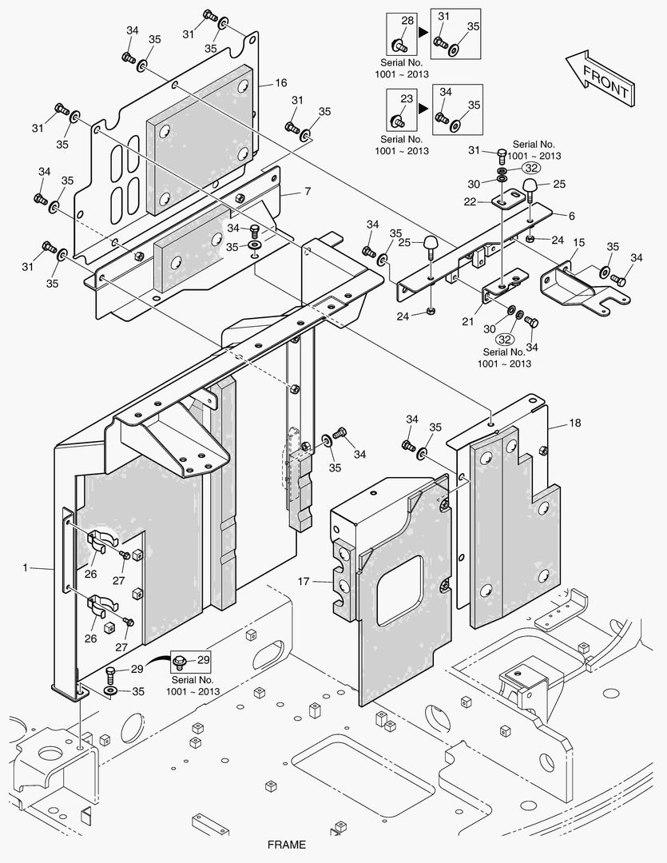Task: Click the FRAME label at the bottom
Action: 286,844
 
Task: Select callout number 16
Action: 281,83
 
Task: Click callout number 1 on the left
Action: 25,567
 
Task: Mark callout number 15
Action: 579,242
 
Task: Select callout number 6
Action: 571,216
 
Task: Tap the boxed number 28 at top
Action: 407,21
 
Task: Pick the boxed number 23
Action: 407,98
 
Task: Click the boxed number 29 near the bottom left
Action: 204,659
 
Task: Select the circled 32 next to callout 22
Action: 531,168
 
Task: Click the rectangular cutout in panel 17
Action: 400,588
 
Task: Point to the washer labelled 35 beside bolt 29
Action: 110,689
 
